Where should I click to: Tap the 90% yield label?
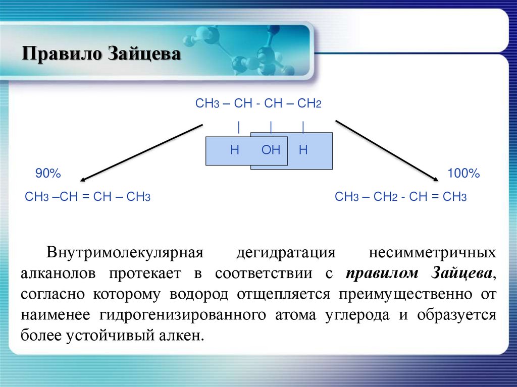tap(48, 174)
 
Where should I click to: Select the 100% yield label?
tap(463, 174)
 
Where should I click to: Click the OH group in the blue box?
tap(271, 150)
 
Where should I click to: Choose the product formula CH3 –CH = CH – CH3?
tap(88, 197)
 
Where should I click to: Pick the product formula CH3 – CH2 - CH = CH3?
tap(400, 197)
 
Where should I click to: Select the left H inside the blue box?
tap(234, 150)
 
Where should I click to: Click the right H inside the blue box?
tap(303, 150)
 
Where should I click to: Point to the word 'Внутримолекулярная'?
tap(125, 253)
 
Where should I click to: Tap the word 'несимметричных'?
tap(433, 253)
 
